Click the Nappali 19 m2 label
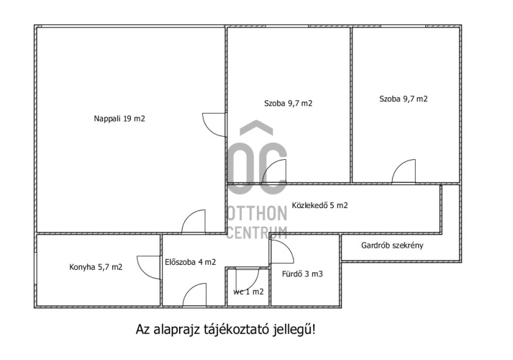[119, 119]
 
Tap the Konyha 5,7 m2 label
[96, 267]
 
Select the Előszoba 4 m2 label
[191, 262]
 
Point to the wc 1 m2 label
[248, 292]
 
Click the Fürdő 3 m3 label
[302, 274]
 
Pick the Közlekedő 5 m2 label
[320, 205]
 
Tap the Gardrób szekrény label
[392, 245]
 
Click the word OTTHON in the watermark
[257, 213]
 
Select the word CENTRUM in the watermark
[257, 233]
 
